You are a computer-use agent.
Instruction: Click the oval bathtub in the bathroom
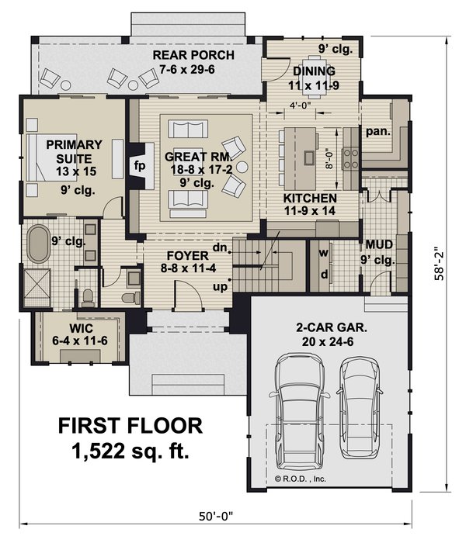pos(36,244)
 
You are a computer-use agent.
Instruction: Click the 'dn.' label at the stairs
pos(221,248)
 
